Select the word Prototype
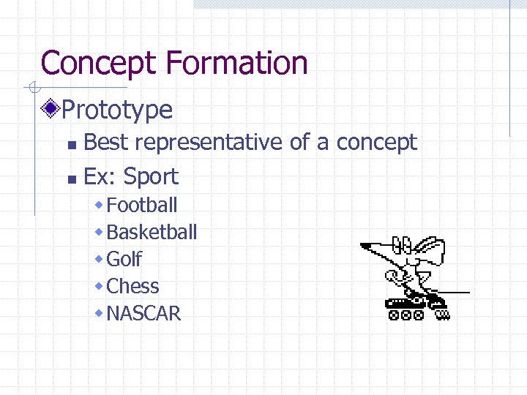(x=117, y=110)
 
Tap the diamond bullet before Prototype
(x=51, y=110)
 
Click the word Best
(x=107, y=142)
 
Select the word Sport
(x=151, y=176)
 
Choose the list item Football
(x=142, y=205)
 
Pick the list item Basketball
(x=152, y=232)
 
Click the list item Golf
(x=124, y=259)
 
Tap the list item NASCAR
(x=143, y=313)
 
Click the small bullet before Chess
(x=100, y=286)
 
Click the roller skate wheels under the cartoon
(x=407, y=315)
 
